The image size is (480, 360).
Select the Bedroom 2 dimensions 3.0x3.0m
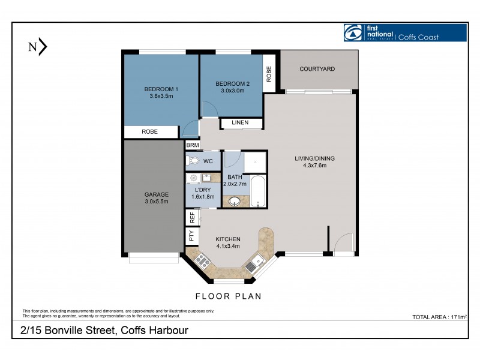[232, 91]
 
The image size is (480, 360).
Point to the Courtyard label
[317, 70]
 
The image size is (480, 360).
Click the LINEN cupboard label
[240, 123]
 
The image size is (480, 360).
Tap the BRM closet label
[192, 145]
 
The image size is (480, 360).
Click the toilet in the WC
[193, 161]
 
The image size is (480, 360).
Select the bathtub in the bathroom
[258, 191]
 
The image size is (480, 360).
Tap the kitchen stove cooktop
[200, 260]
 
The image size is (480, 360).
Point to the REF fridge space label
[192, 217]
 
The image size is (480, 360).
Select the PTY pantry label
[192, 236]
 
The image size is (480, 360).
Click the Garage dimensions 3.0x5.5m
[156, 202]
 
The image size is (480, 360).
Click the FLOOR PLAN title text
[228, 296]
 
